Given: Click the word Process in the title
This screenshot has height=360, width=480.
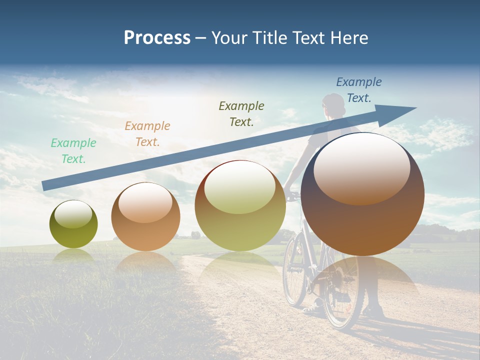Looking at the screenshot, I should coord(157,38).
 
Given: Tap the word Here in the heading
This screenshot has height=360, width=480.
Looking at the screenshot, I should coord(349,38).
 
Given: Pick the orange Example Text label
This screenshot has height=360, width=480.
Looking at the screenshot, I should coord(147,134).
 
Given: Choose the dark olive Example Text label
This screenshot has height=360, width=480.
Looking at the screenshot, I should coord(241,114).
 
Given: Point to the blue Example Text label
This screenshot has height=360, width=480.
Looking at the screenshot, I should coord(359,90).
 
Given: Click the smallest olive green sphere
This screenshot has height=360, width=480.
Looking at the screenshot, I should coord(73,224).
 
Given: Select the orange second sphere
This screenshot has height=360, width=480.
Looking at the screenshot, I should coord(145,217).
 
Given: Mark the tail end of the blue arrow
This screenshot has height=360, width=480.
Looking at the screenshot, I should coord(45,186).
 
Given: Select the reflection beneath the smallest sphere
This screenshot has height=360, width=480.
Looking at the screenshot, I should coord(73,255).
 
